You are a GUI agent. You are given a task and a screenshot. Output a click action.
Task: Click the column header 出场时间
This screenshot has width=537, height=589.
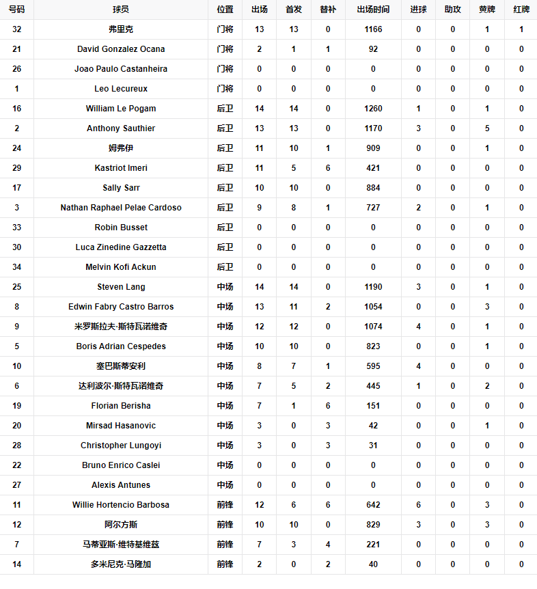tap(373, 10)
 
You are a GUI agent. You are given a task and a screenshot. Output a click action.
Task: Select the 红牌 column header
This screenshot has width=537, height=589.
tap(521, 10)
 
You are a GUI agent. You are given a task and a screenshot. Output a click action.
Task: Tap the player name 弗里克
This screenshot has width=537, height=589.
tap(121, 29)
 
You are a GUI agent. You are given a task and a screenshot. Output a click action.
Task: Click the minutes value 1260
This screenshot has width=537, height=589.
tap(373, 109)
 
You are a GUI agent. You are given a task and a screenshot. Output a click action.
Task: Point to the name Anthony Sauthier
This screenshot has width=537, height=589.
tap(121, 128)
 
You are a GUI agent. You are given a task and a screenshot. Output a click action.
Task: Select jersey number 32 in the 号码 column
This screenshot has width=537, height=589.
tap(17, 29)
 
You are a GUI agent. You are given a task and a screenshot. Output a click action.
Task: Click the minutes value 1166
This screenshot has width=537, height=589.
tap(373, 29)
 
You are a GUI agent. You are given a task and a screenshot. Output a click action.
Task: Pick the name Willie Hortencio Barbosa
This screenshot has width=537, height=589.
tap(121, 505)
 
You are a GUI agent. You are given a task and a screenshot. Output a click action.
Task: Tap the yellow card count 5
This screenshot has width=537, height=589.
tap(487, 128)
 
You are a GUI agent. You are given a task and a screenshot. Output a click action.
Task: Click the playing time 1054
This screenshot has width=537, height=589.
tap(373, 307)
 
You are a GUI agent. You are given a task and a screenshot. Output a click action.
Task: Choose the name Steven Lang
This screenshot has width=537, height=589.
tap(121, 287)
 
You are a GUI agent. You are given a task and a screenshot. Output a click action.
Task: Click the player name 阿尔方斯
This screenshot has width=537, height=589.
tap(121, 525)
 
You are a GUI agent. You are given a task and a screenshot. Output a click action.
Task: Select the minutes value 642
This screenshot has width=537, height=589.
tap(373, 505)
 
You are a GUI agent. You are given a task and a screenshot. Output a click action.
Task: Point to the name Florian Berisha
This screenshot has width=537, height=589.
tap(121, 406)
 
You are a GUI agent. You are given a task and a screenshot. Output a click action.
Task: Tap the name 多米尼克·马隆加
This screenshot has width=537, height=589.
tap(121, 564)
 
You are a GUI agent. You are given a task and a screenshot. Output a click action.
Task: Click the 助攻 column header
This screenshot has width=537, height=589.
tap(452, 10)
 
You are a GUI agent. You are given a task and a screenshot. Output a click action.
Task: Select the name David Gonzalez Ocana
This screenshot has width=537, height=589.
tap(121, 49)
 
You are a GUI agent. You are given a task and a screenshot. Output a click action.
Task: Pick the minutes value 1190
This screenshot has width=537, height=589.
tap(373, 287)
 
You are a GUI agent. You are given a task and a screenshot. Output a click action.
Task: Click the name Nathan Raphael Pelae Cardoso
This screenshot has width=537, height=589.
tap(121, 208)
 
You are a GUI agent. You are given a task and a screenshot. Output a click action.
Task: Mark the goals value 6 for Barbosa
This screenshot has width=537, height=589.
tap(418, 505)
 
